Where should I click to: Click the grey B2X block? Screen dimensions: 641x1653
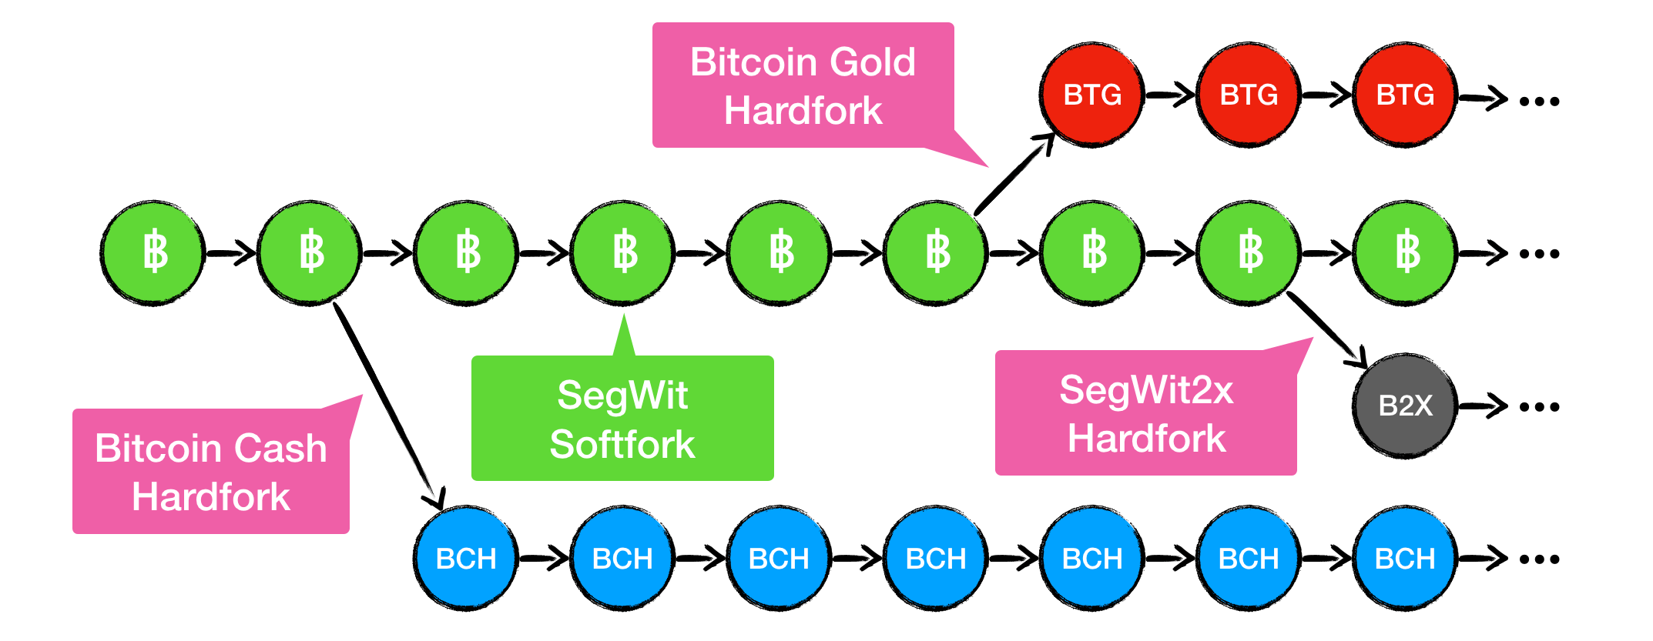click(x=1405, y=406)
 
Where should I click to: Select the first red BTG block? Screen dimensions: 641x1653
click(x=1092, y=95)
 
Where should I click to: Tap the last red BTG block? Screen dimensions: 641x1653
click(x=1405, y=95)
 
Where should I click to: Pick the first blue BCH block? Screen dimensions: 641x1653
click(x=466, y=558)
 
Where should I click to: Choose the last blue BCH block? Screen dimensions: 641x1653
click(x=1405, y=558)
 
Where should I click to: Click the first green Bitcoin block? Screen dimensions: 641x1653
click(x=153, y=252)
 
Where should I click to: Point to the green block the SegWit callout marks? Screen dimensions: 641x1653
click(x=623, y=252)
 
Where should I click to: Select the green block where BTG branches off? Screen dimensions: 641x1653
click(x=936, y=252)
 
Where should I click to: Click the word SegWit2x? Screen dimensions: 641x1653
click(x=1146, y=390)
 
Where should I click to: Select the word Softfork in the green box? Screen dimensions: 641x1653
click(x=622, y=445)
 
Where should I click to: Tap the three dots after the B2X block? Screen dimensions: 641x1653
click(x=1539, y=407)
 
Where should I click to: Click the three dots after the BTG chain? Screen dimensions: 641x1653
click(x=1539, y=101)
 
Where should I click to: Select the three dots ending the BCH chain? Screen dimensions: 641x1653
click(x=1539, y=559)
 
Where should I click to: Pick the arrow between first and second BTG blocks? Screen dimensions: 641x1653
click(x=1170, y=95)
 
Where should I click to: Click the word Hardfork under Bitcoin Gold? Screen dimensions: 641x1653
click(x=803, y=111)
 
